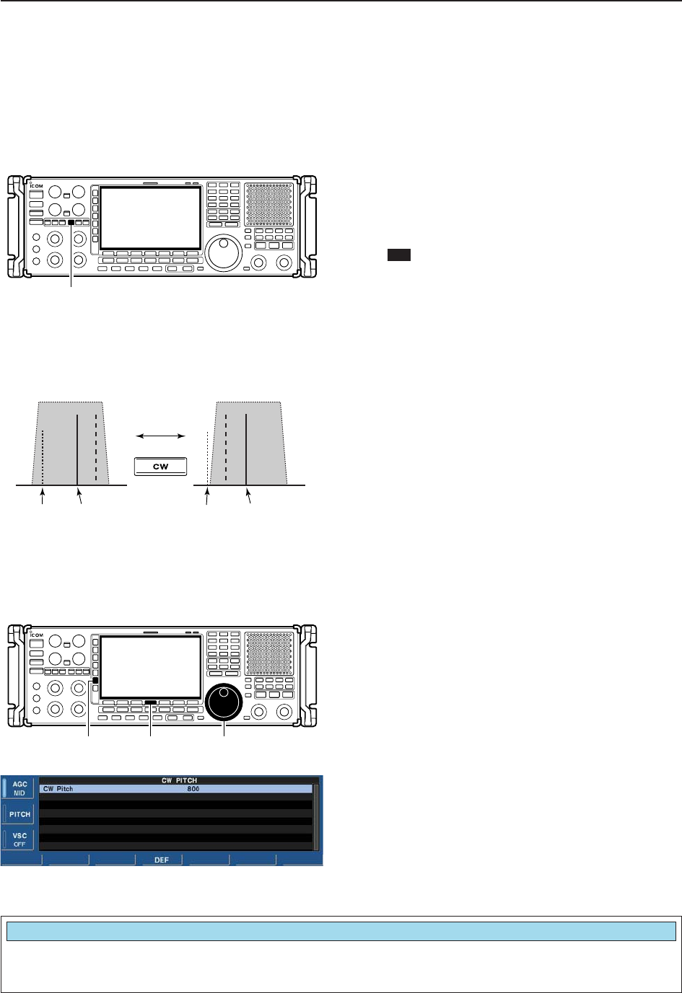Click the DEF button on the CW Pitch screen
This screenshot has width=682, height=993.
click(162, 860)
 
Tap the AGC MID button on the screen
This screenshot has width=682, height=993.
click(19, 788)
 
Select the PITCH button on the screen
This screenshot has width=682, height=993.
click(19, 814)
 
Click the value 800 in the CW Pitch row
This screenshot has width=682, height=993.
click(193, 789)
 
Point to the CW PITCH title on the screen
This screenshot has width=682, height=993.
click(179, 780)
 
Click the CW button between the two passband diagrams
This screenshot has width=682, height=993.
click(160, 467)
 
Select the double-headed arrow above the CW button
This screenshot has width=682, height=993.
click(161, 436)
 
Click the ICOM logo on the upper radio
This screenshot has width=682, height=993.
click(36, 187)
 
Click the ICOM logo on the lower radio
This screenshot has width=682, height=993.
click(36, 635)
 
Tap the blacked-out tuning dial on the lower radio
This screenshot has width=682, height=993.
click(224, 702)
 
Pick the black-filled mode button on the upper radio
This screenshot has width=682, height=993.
click(71, 223)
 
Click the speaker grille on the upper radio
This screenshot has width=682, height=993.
click(268, 203)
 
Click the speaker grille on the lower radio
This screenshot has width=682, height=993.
click(268, 652)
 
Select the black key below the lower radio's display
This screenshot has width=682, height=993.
click(150, 702)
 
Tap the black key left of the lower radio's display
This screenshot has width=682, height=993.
click(95, 680)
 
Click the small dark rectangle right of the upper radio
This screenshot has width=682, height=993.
click(399, 255)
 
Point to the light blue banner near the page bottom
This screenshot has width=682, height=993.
click(341, 931)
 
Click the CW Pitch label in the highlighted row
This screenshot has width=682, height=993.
click(58, 789)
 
